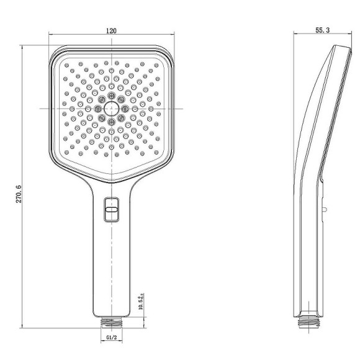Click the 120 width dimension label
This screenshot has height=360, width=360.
[112, 30]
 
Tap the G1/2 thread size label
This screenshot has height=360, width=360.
[112, 338]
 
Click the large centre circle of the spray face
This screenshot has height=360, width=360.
[112, 109]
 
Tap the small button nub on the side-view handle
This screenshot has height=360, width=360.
[323, 210]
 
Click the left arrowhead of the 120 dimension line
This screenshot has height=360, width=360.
[52, 36]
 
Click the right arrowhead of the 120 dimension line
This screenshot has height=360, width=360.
[172, 36]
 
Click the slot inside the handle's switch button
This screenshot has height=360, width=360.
[112, 211]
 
